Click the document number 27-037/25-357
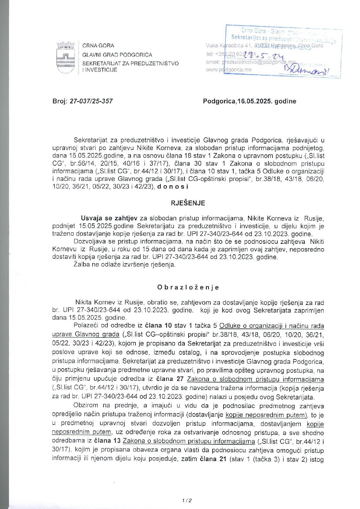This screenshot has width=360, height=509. tap(91, 101)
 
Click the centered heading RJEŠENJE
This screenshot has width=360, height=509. tap(188, 203)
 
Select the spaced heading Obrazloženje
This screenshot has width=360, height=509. tap(188, 287)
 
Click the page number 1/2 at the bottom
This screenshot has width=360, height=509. tap(187, 500)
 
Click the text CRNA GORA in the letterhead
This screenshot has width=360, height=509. tap(98, 46)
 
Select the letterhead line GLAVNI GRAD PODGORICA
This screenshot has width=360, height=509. tap(117, 54)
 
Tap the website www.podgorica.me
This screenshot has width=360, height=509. tap(228, 70)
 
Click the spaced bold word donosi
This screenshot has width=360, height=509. tap(173, 186)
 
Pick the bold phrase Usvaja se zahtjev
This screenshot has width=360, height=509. tap(109, 218)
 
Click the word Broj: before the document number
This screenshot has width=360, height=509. tap(60, 101)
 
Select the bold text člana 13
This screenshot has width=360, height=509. tap(107, 441)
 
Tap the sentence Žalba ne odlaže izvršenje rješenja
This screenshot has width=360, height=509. tap(125, 265)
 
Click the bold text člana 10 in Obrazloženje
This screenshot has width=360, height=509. tap(159, 326)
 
